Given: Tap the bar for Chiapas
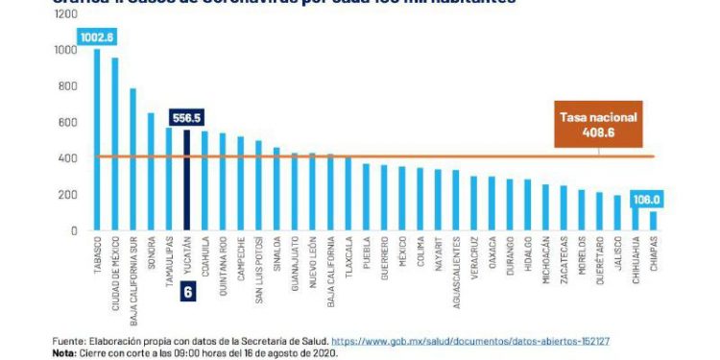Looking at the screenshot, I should point(654,220).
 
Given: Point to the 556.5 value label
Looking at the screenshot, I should point(186,117).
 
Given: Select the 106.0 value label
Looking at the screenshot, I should point(648,200).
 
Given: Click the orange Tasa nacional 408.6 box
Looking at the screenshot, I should point(598,125).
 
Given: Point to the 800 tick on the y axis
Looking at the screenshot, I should point(65,86).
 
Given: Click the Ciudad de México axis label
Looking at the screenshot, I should point(115,275).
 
